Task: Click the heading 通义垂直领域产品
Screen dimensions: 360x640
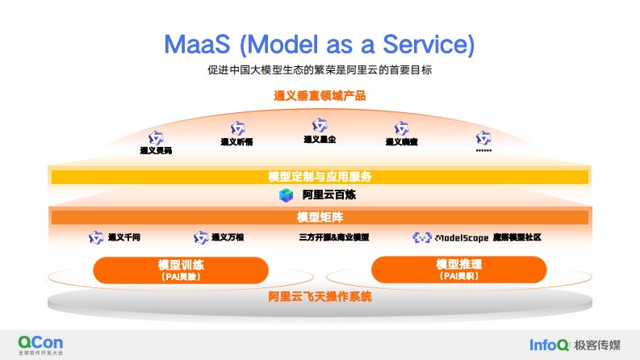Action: click(x=320, y=96)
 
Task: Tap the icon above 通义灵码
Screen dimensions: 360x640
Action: click(x=156, y=137)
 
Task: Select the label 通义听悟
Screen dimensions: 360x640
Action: click(x=237, y=143)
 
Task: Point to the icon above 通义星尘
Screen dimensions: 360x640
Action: click(x=320, y=125)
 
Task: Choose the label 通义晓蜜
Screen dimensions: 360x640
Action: click(x=401, y=143)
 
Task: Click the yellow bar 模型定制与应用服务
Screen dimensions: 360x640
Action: click(x=320, y=176)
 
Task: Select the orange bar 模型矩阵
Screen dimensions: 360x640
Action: click(x=320, y=218)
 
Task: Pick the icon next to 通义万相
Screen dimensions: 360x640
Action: click(x=201, y=238)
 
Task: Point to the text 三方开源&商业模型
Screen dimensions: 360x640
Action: click(x=333, y=238)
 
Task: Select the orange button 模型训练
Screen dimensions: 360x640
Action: click(x=181, y=270)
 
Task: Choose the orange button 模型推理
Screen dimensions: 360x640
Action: click(x=458, y=270)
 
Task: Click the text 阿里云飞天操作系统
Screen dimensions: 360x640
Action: click(x=320, y=297)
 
